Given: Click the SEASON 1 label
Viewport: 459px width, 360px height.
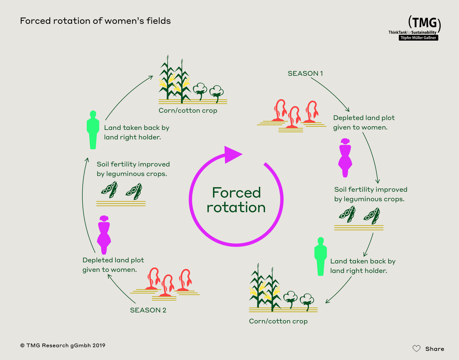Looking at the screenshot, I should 305,74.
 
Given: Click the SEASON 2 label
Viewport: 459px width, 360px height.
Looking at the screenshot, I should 148,310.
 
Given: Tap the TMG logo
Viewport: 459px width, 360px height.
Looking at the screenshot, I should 419,28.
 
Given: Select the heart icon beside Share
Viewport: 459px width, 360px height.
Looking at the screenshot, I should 417,349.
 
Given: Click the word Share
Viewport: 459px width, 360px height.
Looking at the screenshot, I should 434,349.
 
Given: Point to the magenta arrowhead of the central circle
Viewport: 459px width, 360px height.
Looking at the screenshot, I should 232,154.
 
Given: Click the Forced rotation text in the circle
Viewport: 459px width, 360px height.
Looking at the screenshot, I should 236,200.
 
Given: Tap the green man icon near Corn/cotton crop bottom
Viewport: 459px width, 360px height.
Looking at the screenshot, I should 320,256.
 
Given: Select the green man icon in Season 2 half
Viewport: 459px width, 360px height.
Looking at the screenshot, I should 93,130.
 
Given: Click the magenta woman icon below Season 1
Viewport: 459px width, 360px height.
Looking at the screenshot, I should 345,158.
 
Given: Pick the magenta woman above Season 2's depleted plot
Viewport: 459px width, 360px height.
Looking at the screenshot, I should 104,235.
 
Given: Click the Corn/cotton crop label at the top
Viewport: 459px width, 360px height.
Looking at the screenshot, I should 188,110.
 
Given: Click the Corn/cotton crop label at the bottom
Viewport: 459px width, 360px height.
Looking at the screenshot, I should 278,321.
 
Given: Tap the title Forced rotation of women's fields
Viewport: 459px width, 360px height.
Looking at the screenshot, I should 95,21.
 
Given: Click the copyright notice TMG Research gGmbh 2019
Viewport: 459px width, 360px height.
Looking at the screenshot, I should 63,345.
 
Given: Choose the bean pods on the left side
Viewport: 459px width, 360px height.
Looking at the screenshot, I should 121,191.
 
